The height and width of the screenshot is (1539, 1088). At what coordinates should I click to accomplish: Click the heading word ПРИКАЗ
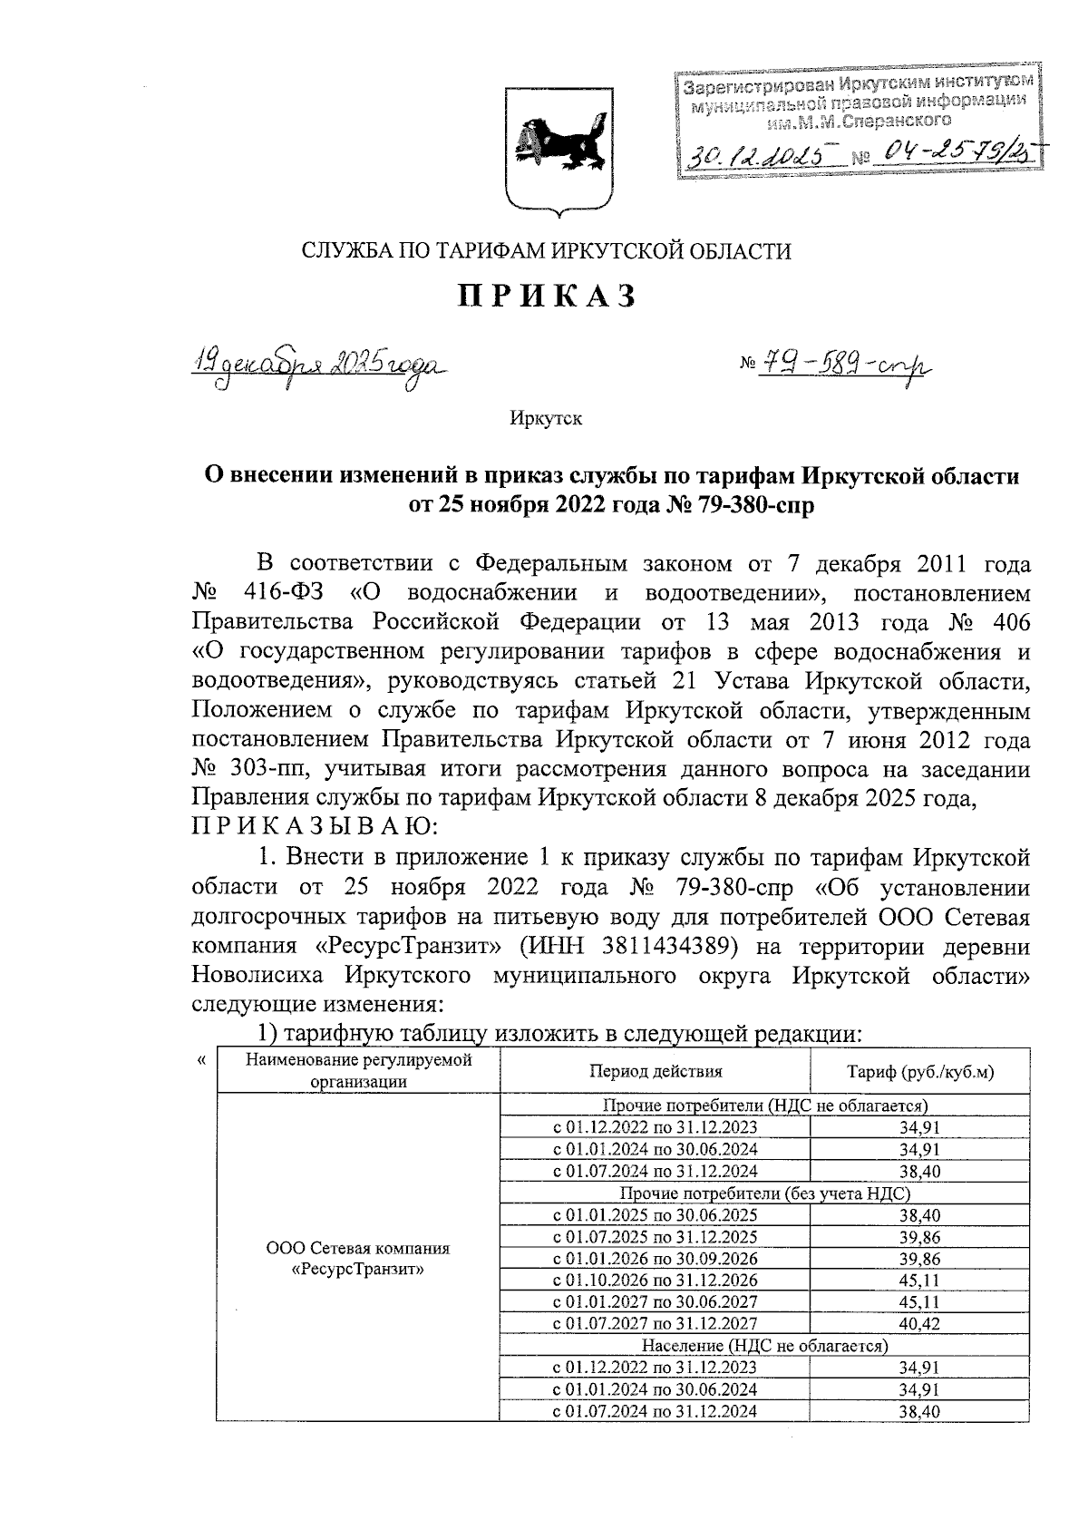click(547, 296)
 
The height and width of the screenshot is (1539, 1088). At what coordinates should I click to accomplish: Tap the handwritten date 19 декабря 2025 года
click(316, 367)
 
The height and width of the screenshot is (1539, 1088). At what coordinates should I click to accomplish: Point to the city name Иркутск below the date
click(545, 419)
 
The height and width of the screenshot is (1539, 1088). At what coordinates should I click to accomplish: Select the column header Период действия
click(656, 1071)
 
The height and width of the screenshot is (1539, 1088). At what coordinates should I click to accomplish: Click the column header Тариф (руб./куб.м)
click(919, 1071)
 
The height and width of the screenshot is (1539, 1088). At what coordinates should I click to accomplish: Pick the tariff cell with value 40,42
click(919, 1324)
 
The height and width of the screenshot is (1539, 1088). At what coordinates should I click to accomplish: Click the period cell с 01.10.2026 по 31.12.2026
click(656, 1281)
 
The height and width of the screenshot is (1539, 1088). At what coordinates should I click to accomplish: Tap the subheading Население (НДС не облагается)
click(764, 1346)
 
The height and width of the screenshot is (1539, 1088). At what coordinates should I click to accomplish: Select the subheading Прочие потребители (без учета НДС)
click(764, 1193)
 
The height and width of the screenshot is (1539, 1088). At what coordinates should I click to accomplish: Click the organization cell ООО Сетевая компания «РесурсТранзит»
click(358, 1259)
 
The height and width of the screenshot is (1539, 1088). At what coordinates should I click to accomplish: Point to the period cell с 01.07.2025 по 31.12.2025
click(656, 1237)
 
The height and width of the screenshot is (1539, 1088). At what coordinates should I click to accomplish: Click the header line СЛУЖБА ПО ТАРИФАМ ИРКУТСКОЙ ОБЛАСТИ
click(547, 251)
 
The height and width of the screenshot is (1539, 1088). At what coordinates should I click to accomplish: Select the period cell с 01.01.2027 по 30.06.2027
click(656, 1302)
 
